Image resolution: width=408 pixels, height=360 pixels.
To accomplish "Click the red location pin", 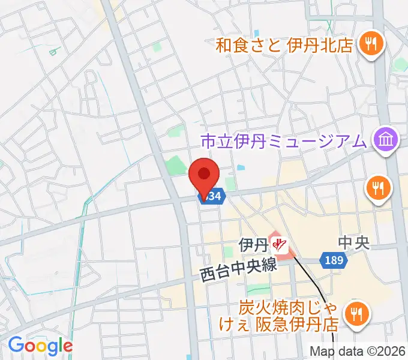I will click(x=204, y=175).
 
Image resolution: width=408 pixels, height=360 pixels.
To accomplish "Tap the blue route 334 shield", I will click(x=214, y=196).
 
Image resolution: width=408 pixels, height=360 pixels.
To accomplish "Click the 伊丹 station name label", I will click(x=253, y=244).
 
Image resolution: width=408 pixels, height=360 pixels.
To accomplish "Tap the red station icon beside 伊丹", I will click(x=279, y=244).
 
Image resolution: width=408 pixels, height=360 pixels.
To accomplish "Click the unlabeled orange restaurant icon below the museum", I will click(x=379, y=190).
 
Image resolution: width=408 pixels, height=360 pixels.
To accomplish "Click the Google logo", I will click(x=40, y=346).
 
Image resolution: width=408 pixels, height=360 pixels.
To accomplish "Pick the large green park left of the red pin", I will click(x=176, y=164).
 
